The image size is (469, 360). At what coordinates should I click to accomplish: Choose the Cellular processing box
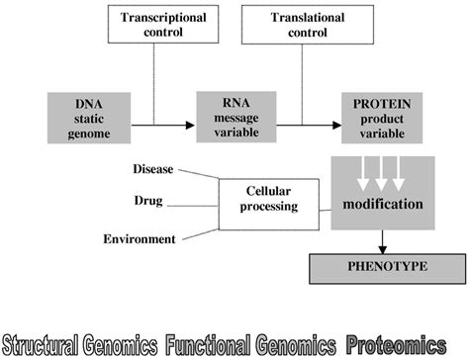[268, 204]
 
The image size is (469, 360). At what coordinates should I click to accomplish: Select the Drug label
[148, 202]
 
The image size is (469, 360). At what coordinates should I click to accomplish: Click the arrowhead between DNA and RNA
[189, 127]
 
